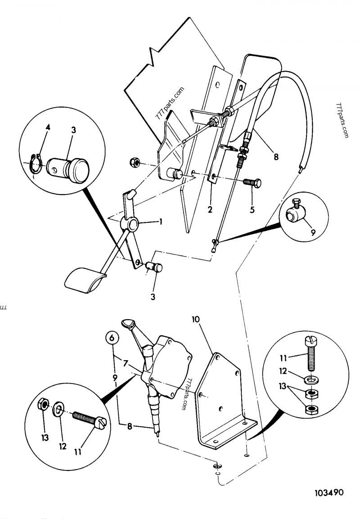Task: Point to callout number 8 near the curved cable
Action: click(x=276, y=157)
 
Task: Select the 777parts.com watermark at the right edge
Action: click(x=343, y=120)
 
